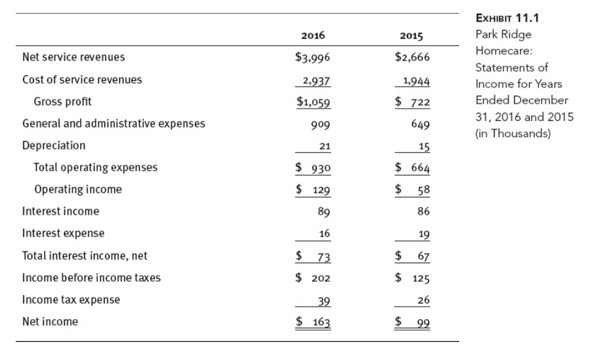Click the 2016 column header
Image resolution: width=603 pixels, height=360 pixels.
point(313,36)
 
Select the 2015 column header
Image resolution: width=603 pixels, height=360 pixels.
point(412,36)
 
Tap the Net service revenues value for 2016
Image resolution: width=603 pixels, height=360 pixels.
point(312,58)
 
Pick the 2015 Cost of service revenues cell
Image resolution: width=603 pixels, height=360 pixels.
point(413,80)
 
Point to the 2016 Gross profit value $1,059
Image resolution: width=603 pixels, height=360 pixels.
point(312,102)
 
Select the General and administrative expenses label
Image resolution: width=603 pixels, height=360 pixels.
point(114,124)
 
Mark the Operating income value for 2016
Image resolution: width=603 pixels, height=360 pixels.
point(313,189)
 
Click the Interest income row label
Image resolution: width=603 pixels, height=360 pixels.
point(60,211)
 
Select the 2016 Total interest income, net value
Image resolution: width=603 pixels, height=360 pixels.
point(313,256)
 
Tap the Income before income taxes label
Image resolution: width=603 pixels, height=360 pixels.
point(91,277)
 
